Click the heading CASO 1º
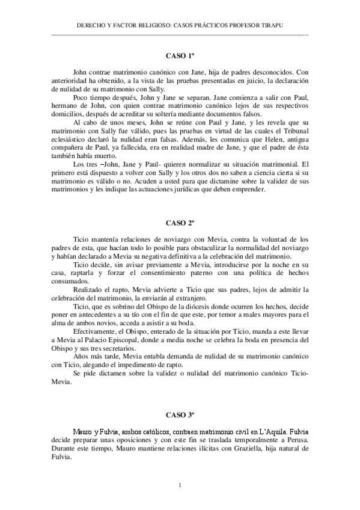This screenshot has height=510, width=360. [180, 56]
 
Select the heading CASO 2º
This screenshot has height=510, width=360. [180, 223]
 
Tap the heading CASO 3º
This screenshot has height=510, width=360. [180, 415]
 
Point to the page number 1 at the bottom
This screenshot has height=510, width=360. [180, 485]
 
